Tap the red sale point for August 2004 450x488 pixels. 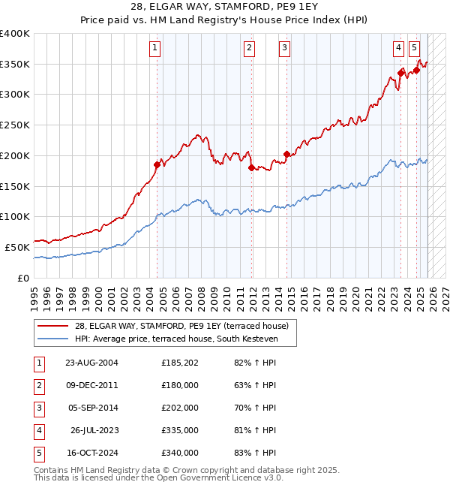[157, 164]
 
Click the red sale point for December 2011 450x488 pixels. [251, 167]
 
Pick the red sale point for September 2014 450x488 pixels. [286, 154]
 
